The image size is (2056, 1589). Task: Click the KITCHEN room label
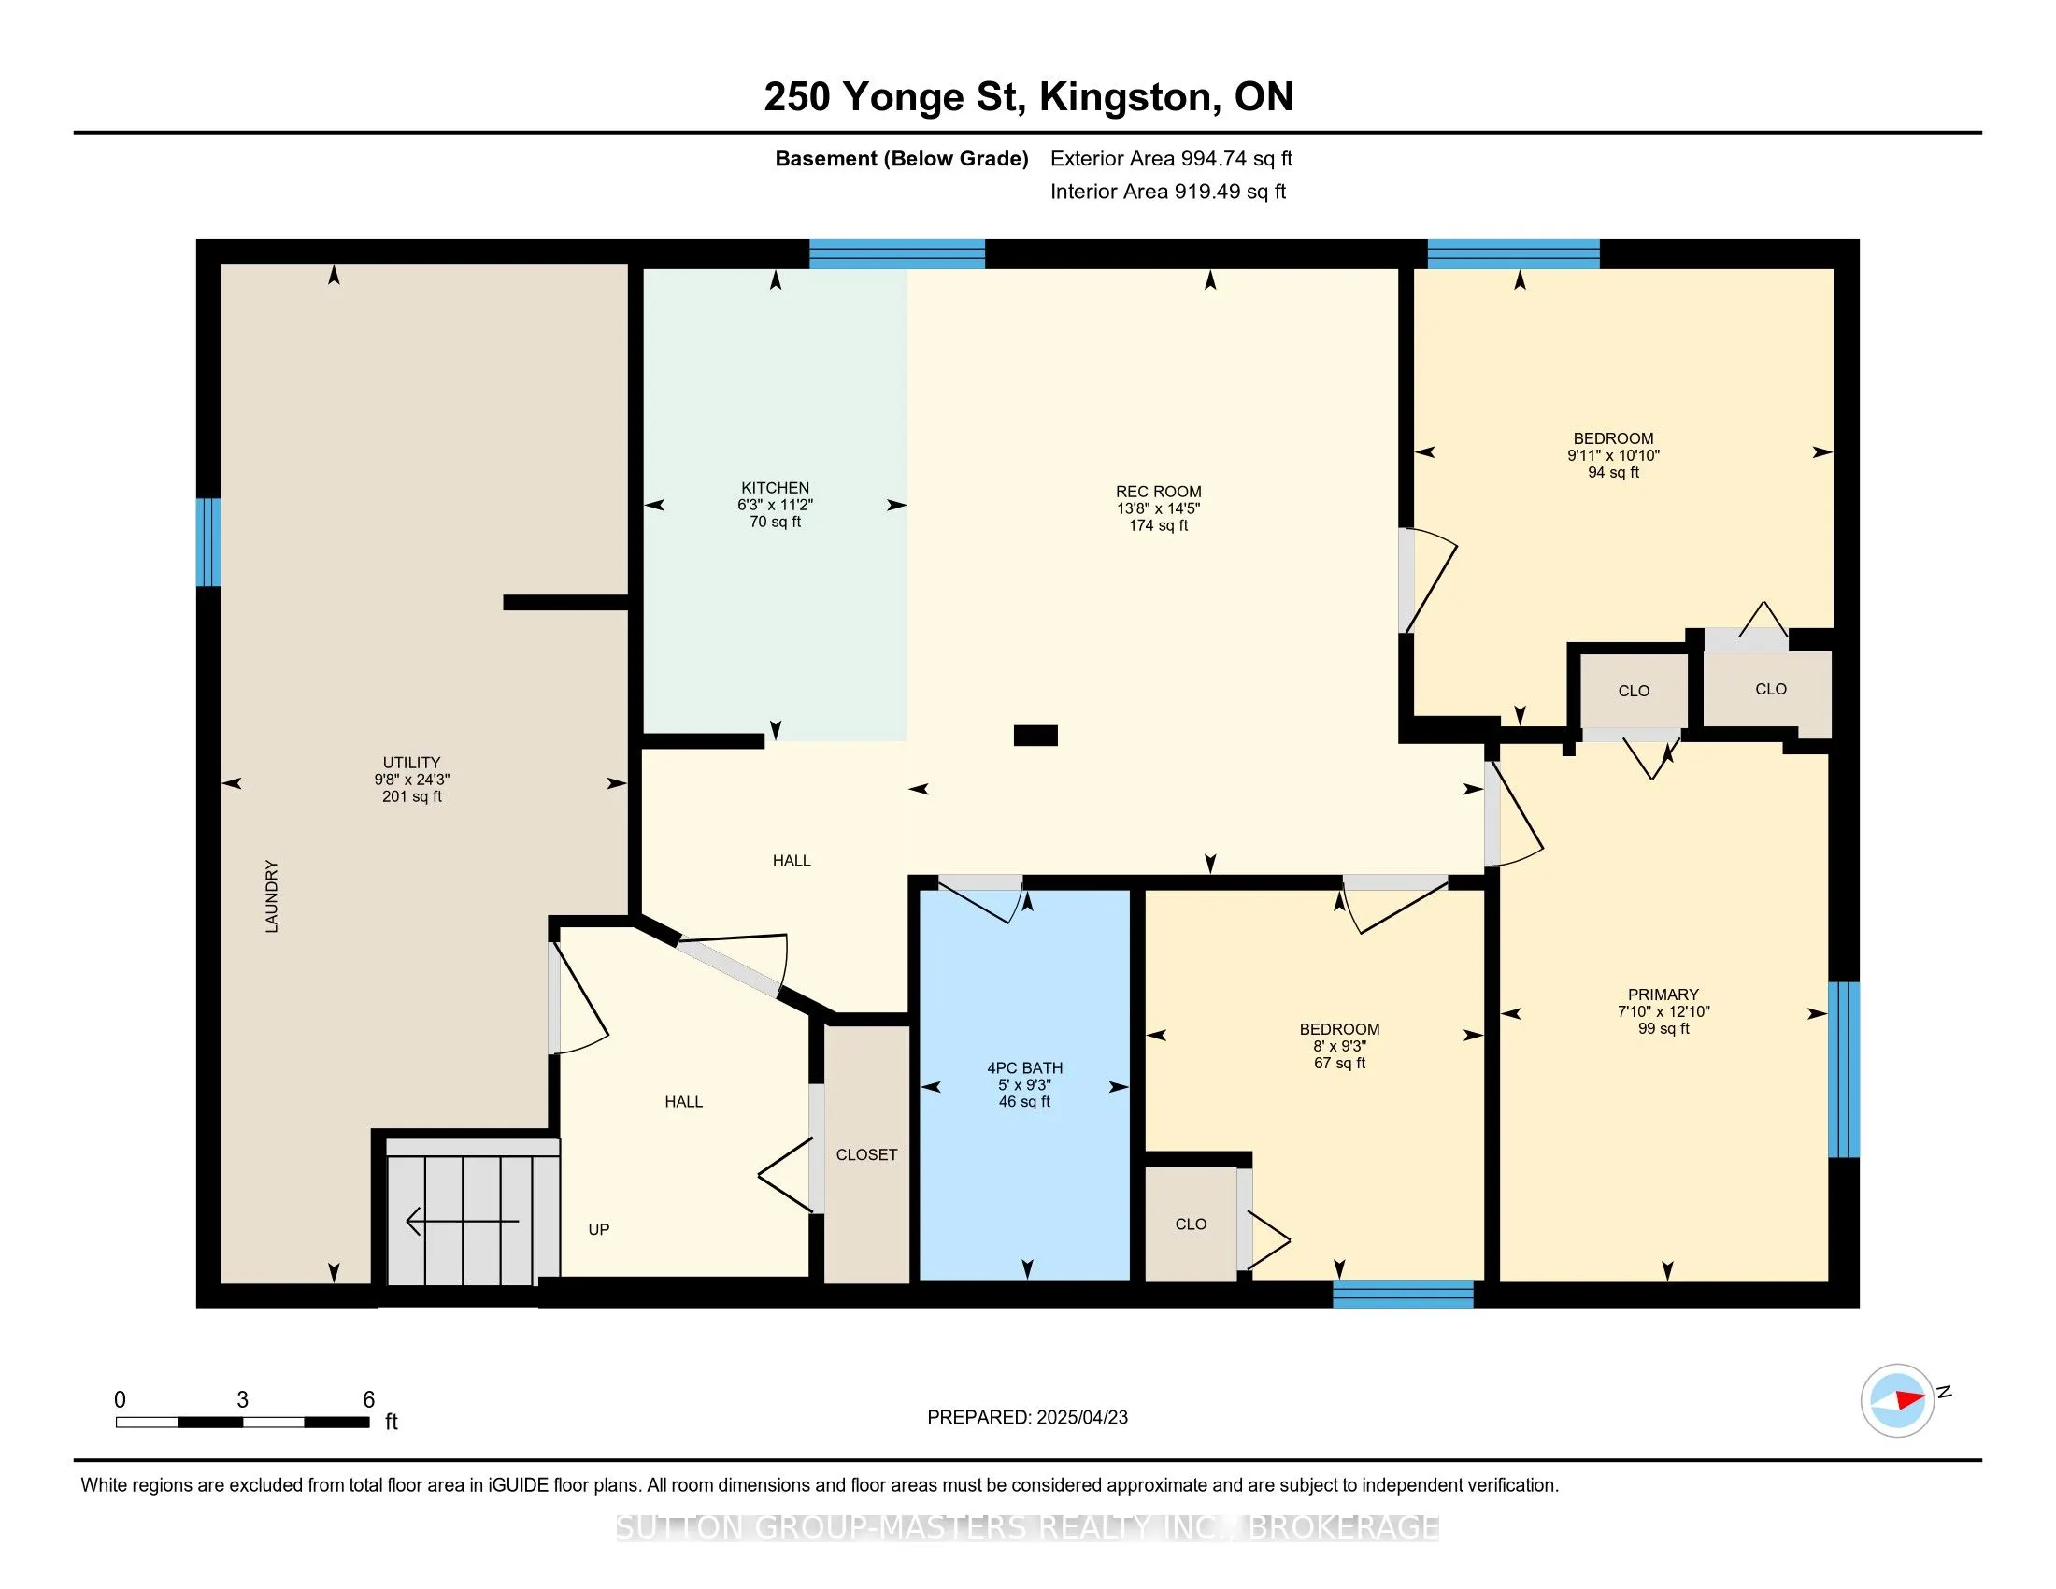coord(775,488)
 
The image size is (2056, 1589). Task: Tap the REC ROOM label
coord(1158,492)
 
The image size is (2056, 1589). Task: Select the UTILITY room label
coord(411,763)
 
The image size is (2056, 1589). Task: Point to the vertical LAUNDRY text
coord(271,896)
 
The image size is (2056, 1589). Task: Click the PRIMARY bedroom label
coord(1663,995)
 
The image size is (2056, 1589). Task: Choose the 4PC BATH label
coord(1024,1067)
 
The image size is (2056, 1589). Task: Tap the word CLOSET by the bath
coord(866,1154)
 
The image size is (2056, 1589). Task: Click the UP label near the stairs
coord(599,1229)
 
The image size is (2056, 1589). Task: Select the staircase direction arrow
coord(463,1221)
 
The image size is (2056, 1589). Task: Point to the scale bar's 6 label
coord(369,1400)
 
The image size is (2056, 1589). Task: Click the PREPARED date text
coord(1027,1417)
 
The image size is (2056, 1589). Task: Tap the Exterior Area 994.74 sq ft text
coord(1171,158)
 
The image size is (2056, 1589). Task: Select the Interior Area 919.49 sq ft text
coord(1168,191)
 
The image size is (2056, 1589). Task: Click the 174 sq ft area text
coord(1158,525)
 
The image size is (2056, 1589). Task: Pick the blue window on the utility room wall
coord(208,542)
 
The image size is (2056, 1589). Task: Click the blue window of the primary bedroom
coord(1843,1069)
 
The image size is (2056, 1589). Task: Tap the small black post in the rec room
coord(1035,736)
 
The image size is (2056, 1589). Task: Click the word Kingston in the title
coord(1125,97)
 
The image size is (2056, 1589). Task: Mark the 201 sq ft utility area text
coord(411,796)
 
